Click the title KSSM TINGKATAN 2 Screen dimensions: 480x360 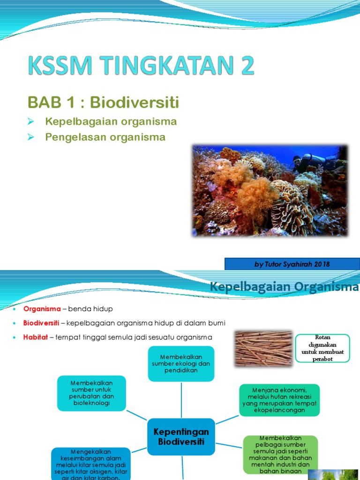141,66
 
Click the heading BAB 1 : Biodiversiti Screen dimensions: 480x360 103,102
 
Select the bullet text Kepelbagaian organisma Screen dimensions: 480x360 111,122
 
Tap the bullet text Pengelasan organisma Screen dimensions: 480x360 105,137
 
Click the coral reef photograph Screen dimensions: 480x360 270,190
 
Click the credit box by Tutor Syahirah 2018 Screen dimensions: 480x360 292,264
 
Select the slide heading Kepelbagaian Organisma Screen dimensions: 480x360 284,287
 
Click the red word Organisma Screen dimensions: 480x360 42,309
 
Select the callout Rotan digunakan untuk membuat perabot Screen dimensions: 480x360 322,348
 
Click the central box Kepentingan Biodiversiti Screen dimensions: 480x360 181,436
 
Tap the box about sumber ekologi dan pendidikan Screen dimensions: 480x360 181,363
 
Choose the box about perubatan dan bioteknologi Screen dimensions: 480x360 92,393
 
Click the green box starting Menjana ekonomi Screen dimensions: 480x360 279,400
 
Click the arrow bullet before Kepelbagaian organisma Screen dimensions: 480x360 31,122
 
